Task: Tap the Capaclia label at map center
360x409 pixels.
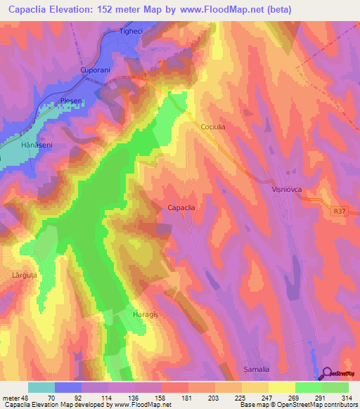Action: (x=181, y=207)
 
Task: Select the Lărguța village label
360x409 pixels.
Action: (x=24, y=275)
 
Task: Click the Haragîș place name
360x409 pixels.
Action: (x=148, y=314)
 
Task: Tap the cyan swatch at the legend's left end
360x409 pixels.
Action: (x=41, y=387)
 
